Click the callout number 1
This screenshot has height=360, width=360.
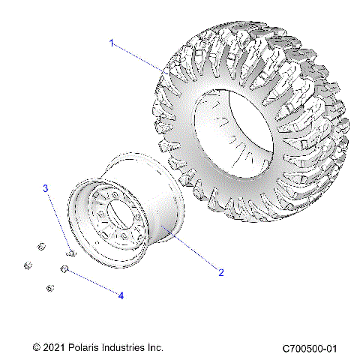[x=112, y=43]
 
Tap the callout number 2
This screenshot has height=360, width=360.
[x=220, y=271]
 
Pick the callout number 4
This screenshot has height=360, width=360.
[x=120, y=295]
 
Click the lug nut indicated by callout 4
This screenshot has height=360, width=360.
[x=65, y=269]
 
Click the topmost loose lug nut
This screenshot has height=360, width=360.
[x=42, y=245]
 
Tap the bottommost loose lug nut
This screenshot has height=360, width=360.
[x=49, y=288]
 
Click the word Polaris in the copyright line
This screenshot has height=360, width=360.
[x=88, y=348]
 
